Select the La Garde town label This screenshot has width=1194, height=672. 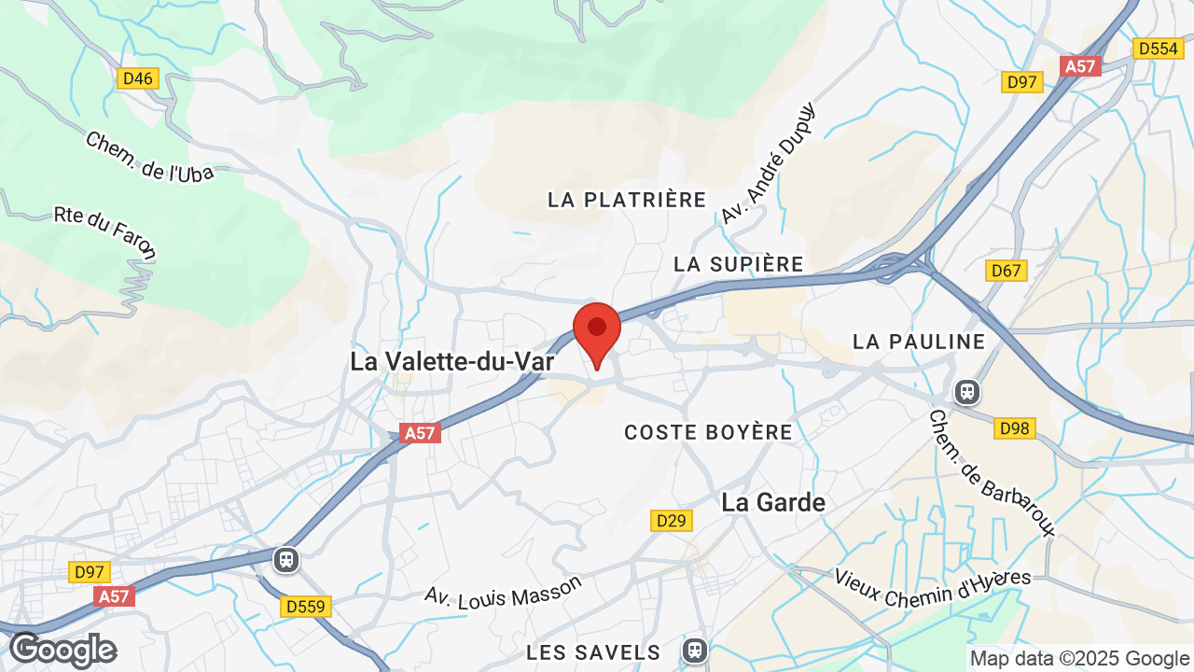click(773, 502)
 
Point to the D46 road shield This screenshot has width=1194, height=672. click(138, 78)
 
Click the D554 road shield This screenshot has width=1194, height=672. click(1158, 49)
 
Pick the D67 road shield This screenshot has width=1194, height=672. click(1007, 271)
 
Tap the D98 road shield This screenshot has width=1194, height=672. click(1014, 428)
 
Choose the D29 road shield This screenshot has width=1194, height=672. click(672, 520)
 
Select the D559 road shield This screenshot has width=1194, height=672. click(306, 607)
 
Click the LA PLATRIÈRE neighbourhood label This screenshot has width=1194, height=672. click(627, 200)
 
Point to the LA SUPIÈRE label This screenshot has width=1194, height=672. click(739, 264)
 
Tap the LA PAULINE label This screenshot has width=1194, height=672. click(919, 342)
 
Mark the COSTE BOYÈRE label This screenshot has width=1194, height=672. click(709, 432)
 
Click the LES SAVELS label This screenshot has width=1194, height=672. click(593, 651)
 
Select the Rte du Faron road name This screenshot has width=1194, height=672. click(105, 232)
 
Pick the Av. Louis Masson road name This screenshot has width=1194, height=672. click(504, 593)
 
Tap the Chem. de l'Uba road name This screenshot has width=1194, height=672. click(149, 156)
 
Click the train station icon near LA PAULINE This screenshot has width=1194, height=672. click(967, 390)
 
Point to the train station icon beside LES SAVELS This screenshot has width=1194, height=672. click(694, 650)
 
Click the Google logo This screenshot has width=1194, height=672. click(63, 650)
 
